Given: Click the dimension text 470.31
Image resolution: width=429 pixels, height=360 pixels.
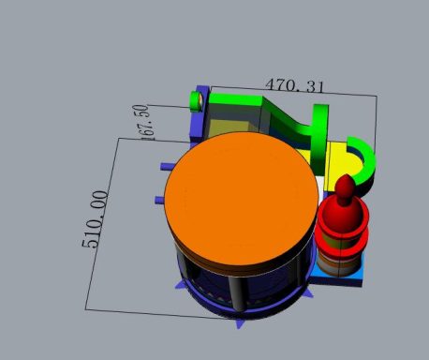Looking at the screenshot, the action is point(294,85).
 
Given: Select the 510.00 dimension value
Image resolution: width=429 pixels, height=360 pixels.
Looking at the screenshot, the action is point(96,219).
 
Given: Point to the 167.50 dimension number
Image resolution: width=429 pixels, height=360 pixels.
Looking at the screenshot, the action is point(144,122).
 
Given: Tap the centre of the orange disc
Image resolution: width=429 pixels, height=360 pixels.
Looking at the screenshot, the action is point(242,199).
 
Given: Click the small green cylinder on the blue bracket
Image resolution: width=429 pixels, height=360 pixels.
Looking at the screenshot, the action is point(197,101).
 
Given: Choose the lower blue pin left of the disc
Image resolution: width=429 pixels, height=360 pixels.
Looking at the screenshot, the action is point(160,200).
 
